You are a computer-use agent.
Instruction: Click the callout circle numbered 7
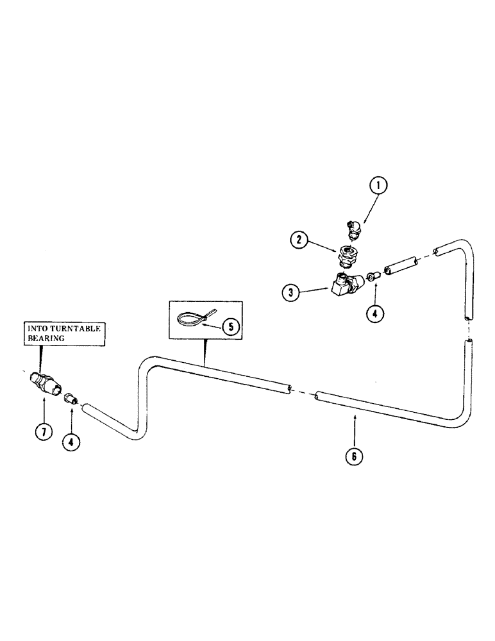coord(44,432)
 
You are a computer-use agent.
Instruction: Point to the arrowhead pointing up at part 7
coord(44,399)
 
